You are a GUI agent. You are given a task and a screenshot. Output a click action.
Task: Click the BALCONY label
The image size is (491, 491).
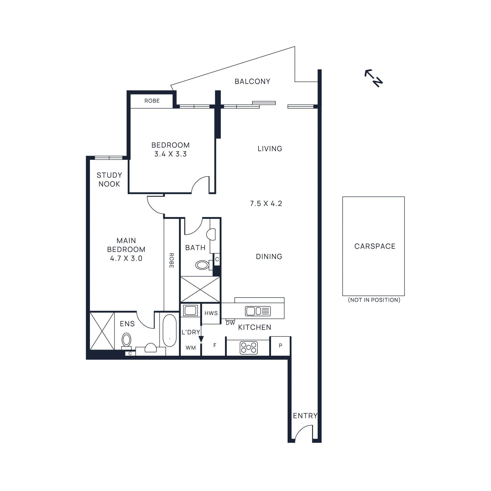tap(252, 81)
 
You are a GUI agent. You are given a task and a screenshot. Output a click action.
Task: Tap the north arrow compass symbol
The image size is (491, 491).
tap(373, 78)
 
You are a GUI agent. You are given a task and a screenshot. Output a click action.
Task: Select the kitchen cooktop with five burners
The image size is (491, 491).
tap(249, 348)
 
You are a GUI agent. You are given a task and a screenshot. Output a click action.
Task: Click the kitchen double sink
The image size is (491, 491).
tap(258, 311)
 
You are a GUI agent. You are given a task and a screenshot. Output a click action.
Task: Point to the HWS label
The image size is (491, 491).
tap(211, 313)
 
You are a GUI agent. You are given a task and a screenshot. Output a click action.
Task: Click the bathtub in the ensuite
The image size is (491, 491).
tap(169, 331)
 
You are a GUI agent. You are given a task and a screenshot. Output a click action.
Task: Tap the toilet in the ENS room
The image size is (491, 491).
tap(126, 340)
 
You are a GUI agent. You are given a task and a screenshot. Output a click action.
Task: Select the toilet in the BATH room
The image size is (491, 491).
tap(203, 265)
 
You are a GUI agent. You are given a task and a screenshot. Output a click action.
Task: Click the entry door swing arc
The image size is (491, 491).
tap(303, 432)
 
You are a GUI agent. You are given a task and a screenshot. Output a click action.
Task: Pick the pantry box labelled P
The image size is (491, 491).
tap(280, 346)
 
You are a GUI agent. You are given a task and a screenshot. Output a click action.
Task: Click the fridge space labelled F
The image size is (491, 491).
tap(215, 346)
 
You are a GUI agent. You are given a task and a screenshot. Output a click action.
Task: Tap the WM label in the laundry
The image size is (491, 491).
tap(191, 348)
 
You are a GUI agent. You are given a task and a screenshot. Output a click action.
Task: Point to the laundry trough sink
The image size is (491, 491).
tap(190, 311)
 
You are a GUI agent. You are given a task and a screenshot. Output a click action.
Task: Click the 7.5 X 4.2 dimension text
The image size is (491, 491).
tap(266, 203)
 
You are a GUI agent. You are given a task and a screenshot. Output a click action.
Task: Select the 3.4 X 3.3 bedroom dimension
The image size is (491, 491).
tap(170, 154)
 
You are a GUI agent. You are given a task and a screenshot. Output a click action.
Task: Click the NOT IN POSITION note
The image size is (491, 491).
tap(374, 300)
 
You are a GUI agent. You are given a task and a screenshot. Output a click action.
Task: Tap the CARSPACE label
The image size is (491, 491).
tap(375, 246)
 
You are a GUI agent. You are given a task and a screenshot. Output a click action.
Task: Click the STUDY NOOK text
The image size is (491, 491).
tap(109, 180)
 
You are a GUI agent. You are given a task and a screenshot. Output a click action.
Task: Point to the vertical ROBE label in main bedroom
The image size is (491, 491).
tap(172, 260)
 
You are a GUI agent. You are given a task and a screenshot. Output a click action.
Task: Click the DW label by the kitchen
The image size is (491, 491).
tap(230, 323)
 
